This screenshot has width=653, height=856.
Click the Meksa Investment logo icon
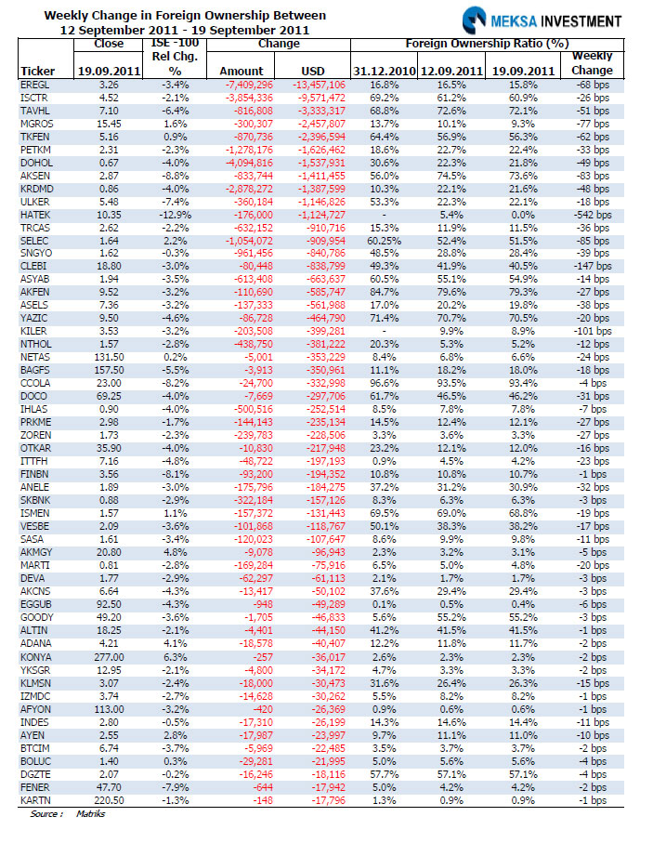click(473, 20)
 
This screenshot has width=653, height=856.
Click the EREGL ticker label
click(35, 85)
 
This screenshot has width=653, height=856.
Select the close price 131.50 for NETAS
click(109, 357)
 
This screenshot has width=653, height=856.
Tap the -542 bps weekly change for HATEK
click(593, 215)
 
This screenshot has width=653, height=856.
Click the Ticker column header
click(38, 71)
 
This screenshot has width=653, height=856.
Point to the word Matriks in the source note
click(90, 813)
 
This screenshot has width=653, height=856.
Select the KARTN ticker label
click(35, 800)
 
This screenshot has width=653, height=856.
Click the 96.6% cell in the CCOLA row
click(384, 383)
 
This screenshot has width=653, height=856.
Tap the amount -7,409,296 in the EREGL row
click(249, 85)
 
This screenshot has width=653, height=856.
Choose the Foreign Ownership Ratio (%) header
click(487, 44)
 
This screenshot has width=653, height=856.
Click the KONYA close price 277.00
click(109, 657)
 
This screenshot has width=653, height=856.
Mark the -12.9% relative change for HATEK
click(176, 215)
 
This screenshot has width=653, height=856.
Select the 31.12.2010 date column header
click(385, 71)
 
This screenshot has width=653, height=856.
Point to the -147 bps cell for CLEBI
click(593, 266)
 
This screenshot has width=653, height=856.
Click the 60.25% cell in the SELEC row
click(384, 241)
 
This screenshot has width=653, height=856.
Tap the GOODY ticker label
click(37, 617)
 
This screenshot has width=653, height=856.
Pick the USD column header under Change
click(313, 71)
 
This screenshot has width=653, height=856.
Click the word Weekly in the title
click(63, 16)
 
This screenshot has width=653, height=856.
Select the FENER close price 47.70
click(110, 787)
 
